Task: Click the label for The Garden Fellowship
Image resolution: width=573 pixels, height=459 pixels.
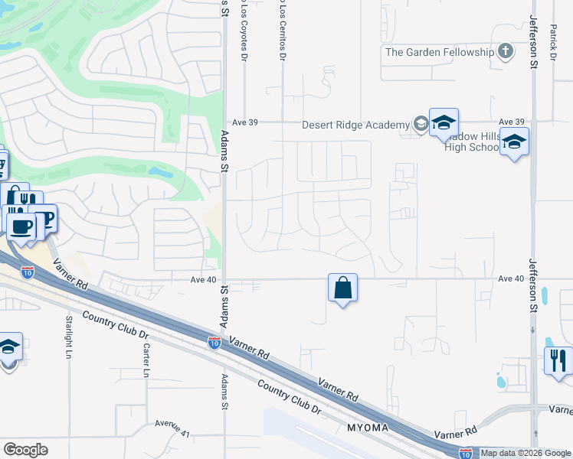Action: [440, 52]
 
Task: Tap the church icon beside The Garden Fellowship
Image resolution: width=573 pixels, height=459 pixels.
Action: [505, 52]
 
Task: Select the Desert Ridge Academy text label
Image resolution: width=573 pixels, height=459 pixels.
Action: [355, 125]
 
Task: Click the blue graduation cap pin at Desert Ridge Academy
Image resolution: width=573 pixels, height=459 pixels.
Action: [443, 123]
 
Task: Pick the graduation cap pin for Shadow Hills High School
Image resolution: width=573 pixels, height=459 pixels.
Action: [514, 142]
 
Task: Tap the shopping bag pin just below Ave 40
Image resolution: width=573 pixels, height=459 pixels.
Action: [342, 288]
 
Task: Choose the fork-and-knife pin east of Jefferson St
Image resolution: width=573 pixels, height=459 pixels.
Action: [558, 360]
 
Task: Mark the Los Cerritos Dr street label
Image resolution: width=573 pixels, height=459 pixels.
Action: [283, 31]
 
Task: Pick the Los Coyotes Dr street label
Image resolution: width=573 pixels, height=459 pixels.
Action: [245, 31]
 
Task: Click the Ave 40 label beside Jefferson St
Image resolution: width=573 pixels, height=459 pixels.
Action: [510, 278]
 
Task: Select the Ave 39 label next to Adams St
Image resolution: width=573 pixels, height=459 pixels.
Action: [244, 122]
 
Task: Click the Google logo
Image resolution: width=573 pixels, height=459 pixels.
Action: [26, 450]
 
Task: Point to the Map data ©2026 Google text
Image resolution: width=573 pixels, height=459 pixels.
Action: [526, 453]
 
